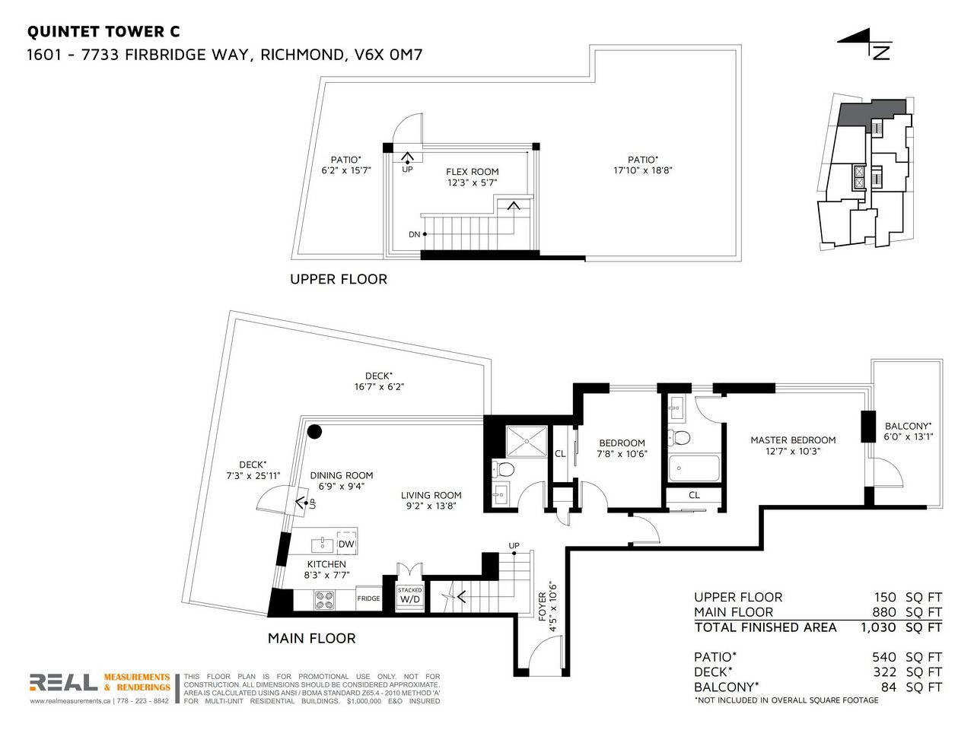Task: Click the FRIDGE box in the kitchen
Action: click(368, 598)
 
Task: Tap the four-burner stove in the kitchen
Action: click(325, 600)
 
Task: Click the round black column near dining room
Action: click(314, 431)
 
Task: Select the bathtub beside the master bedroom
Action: click(694, 468)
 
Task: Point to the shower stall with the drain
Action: click(527, 442)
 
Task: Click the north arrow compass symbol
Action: click(865, 49)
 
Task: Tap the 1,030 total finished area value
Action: click(878, 627)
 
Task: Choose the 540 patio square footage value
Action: click(884, 657)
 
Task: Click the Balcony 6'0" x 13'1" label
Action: click(908, 431)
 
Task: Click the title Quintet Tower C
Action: click(103, 32)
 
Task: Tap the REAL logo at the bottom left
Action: click(63, 682)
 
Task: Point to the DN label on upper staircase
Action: click(414, 234)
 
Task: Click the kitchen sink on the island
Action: click(322, 544)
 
